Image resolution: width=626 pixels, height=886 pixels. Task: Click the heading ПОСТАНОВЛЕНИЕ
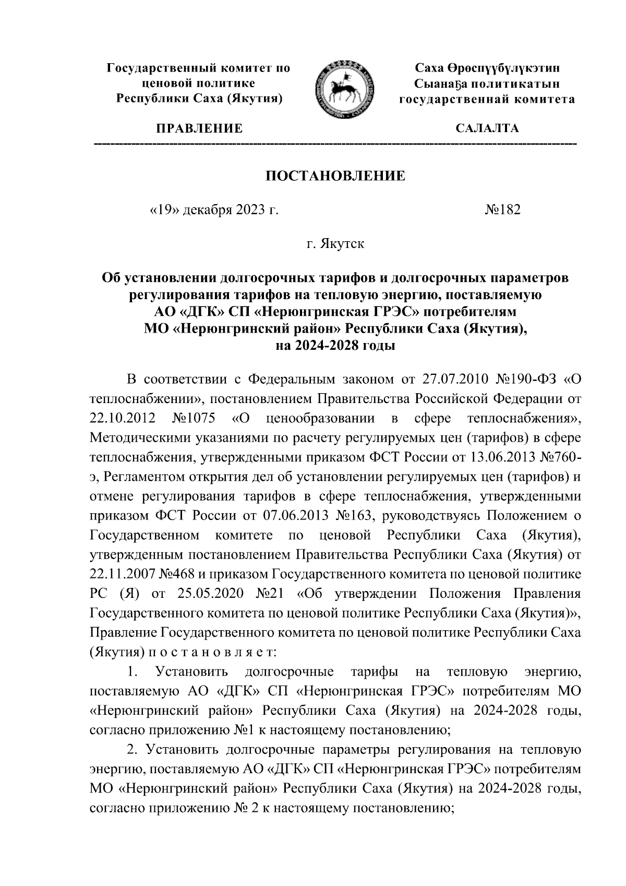pos(336,175)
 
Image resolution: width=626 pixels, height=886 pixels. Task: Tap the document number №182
pos(502,210)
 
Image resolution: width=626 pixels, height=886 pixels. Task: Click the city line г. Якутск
pos(335,244)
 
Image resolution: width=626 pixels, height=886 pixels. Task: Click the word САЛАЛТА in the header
pos(487,128)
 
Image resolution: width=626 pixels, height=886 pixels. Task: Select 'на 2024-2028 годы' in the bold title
pos(335,345)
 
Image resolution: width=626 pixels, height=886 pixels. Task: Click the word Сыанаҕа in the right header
pos(439,84)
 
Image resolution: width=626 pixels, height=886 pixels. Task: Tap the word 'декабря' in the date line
pos(207,210)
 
